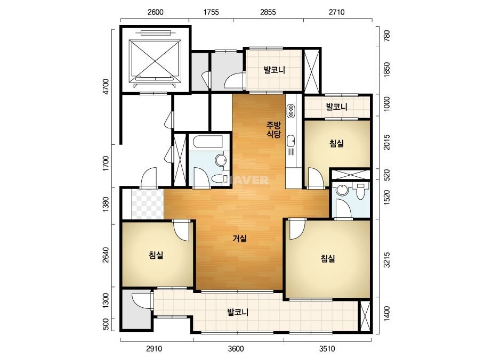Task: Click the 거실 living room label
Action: coord(239,239)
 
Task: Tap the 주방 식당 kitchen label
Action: coord(273,129)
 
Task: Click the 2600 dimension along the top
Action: coord(155,12)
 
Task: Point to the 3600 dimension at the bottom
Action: coord(236,349)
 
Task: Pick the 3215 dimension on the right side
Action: coord(387,260)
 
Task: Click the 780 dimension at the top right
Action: coord(387,36)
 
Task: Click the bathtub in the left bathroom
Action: coord(208,142)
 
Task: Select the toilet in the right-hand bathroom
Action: coord(360,191)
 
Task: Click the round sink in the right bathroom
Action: coord(341,190)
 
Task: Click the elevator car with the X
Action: coord(155,60)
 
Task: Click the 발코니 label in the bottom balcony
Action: coord(238,312)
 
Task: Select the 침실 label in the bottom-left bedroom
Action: coord(156,255)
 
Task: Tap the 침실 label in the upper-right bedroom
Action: coord(336,144)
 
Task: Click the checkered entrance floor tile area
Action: coord(148,204)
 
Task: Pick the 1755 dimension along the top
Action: coord(211,12)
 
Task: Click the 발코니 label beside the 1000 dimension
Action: coord(336,107)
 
